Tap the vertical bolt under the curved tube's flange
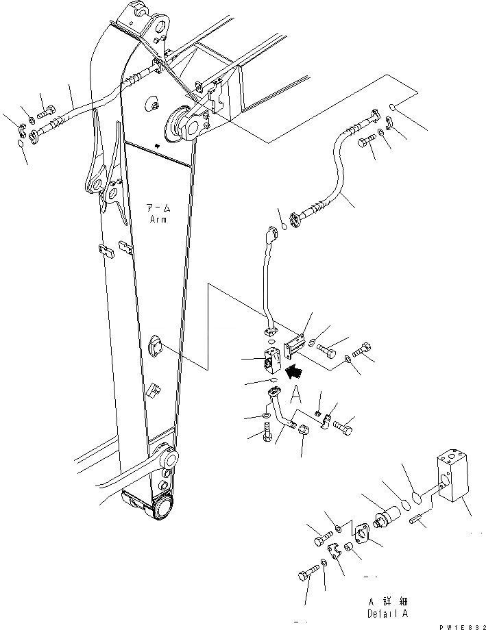[267, 433]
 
